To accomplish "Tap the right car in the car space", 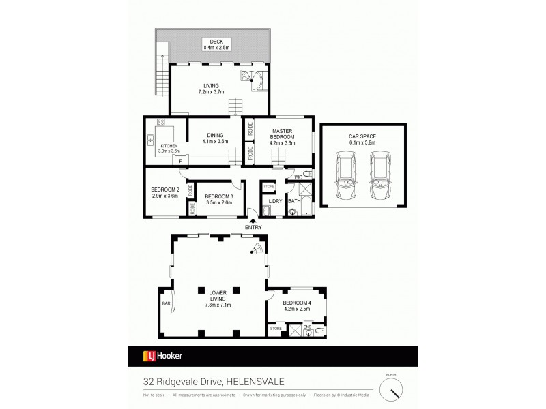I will click(x=382, y=177).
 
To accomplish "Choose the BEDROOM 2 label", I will click(x=164, y=193).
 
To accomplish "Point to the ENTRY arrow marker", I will click(x=253, y=219).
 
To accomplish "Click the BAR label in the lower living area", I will click(x=166, y=305).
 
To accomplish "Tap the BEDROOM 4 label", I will click(x=296, y=305).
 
